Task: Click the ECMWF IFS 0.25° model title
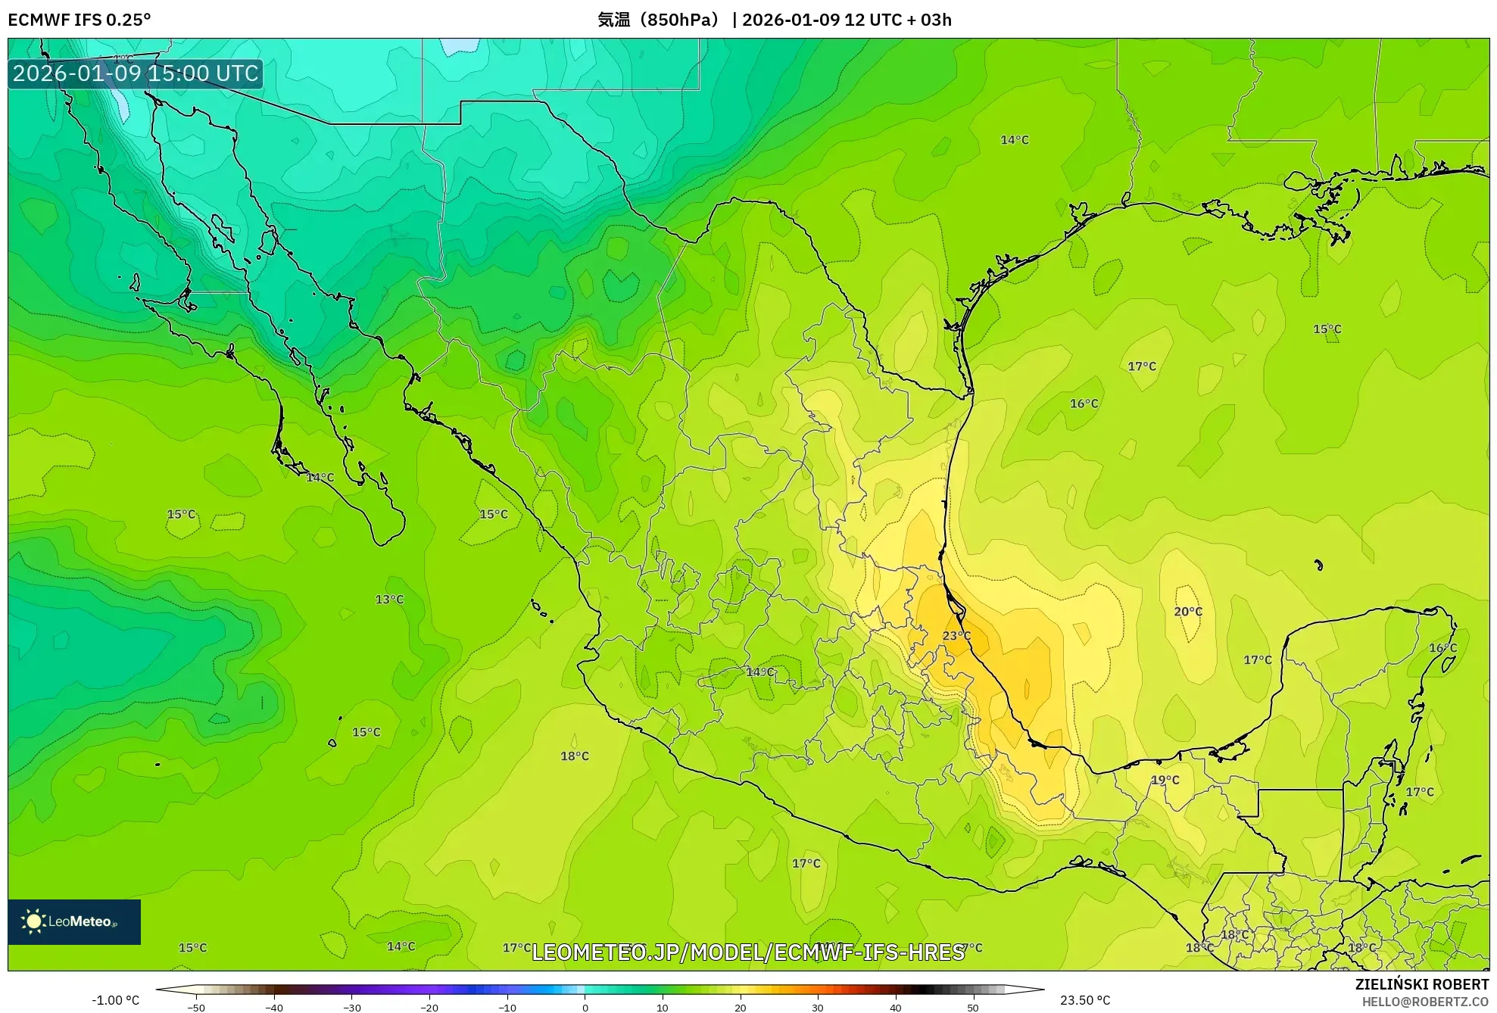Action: tap(80, 20)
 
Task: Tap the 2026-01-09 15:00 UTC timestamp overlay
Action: tap(136, 73)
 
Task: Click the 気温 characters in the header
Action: tap(613, 20)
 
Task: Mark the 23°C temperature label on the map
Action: tap(956, 636)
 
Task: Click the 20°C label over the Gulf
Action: tap(1188, 612)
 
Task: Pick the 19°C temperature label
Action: tap(1165, 780)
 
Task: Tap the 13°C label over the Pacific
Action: tap(390, 600)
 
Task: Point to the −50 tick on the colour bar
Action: tap(196, 1008)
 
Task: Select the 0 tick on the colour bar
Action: tap(585, 1008)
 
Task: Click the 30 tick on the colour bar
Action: tap(818, 1008)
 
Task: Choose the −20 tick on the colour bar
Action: tap(429, 1008)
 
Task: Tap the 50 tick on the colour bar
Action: tap(973, 1008)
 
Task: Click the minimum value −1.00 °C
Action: tap(116, 1000)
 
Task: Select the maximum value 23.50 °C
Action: tap(1085, 1000)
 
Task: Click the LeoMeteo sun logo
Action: tap(33, 921)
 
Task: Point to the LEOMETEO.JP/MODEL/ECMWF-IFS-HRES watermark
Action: tap(748, 952)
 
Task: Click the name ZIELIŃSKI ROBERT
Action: tap(1422, 984)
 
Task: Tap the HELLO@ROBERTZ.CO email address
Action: tap(1425, 1002)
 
